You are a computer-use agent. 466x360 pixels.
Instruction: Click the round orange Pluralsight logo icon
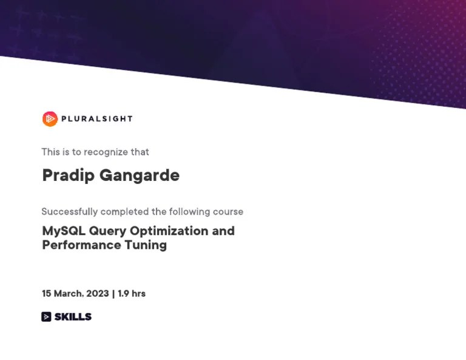pos(50,119)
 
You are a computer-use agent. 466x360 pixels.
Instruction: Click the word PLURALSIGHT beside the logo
pos(96,119)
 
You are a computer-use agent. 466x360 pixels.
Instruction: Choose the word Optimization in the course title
pos(169,231)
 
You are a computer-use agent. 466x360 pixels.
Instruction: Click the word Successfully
pos(69,212)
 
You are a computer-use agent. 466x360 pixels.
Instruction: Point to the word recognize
pos(106,152)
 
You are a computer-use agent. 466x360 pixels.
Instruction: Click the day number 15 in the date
pos(46,293)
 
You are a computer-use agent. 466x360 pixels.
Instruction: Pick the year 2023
pos(98,293)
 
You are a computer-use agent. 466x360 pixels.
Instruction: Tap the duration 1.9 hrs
pos(132,293)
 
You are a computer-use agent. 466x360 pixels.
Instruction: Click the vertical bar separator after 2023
pos(113,293)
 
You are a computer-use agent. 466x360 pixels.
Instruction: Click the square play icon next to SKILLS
pos(46,316)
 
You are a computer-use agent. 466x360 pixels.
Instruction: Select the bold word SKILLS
pos(73,316)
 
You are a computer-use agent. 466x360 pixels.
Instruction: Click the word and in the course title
pos(223,231)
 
